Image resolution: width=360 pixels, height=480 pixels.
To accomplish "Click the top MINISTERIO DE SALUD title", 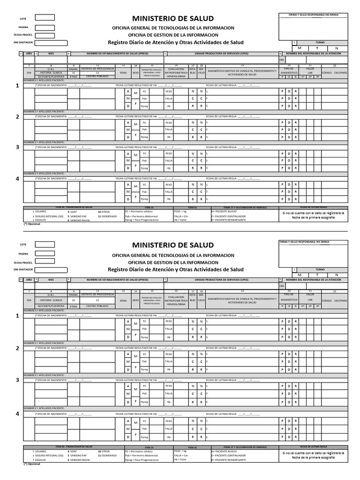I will tap(173, 18).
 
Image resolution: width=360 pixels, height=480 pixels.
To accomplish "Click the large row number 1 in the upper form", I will tap(18, 86).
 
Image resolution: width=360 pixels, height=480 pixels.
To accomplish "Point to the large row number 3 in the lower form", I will tap(18, 380).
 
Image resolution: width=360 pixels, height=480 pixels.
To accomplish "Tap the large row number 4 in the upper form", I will tap(18, 179).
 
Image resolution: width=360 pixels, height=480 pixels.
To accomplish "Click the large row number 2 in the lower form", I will tap(18, 348).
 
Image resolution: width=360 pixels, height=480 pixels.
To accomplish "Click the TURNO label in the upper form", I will tap(320, 42).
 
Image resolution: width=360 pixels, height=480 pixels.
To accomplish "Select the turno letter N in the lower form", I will tap(336, 275).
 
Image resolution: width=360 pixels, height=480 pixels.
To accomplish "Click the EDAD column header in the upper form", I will tap(123, 73).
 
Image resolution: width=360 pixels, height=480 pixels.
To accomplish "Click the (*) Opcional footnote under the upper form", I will tap(32, 224).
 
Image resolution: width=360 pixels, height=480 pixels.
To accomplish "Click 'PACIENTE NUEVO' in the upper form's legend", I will tap(230, 211).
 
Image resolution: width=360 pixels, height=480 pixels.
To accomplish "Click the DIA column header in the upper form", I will tap(29, 73).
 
